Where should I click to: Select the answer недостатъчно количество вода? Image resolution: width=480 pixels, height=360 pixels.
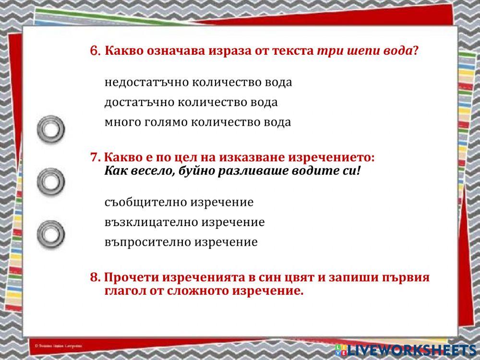198,82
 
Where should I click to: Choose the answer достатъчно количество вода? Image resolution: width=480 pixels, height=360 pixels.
191,102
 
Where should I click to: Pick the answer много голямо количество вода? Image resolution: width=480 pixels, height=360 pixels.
197,122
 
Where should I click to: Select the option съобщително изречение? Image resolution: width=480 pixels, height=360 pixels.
179,202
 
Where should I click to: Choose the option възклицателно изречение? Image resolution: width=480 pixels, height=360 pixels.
184,222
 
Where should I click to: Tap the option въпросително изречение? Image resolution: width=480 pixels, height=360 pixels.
181,242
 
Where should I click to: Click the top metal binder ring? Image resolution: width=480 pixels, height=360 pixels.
50,129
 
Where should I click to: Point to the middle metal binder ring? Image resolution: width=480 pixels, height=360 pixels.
50,181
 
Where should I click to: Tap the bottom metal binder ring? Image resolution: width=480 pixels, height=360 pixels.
50,234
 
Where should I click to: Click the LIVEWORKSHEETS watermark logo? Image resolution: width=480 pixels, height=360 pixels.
406,350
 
